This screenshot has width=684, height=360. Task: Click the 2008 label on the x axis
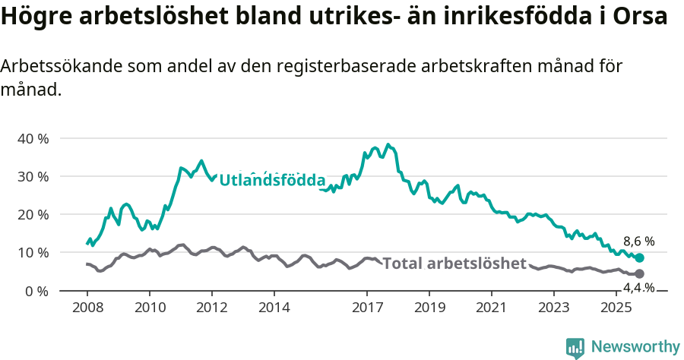click(x=87, y=308)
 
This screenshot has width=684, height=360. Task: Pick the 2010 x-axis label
click(x=149, y=308)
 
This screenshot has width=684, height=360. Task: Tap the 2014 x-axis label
click(x=274, y=308)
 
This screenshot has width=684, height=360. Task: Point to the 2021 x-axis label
click(x=492, y=308)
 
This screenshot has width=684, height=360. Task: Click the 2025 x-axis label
click(x=616, y=308)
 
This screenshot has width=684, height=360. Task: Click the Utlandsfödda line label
click(x=272, y=181)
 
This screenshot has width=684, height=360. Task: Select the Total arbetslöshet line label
click(x=454, y=264)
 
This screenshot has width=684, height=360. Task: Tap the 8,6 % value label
click(x=638, y=242)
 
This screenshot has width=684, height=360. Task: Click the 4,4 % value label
click(x=638, y=287)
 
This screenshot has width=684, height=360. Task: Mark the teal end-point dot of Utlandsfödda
click(x=639, y=258)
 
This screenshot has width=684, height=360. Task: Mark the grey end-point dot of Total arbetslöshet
click(x=639, y=273)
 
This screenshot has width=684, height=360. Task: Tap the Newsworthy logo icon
click(x=575, y=347)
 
